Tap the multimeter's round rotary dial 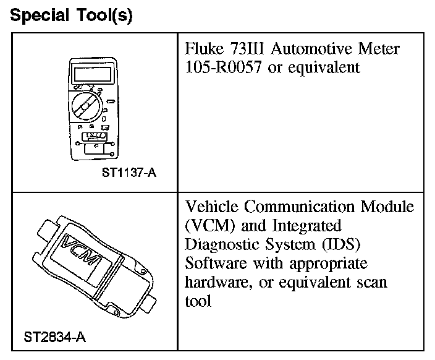click(88, 106)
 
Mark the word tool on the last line click(197, 301)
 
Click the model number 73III click(247, 49)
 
